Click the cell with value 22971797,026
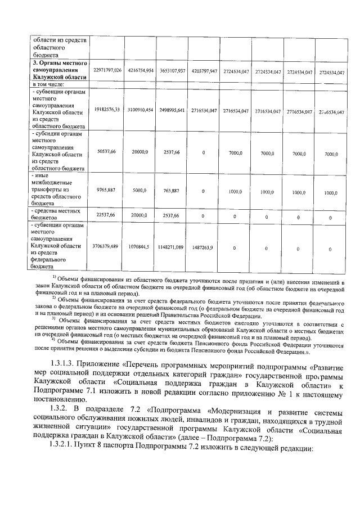(x=107, y=72)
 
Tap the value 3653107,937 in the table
(x=172, y=72)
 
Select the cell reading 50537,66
(x=107, y=152)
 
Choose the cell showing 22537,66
(x=107, y=215)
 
